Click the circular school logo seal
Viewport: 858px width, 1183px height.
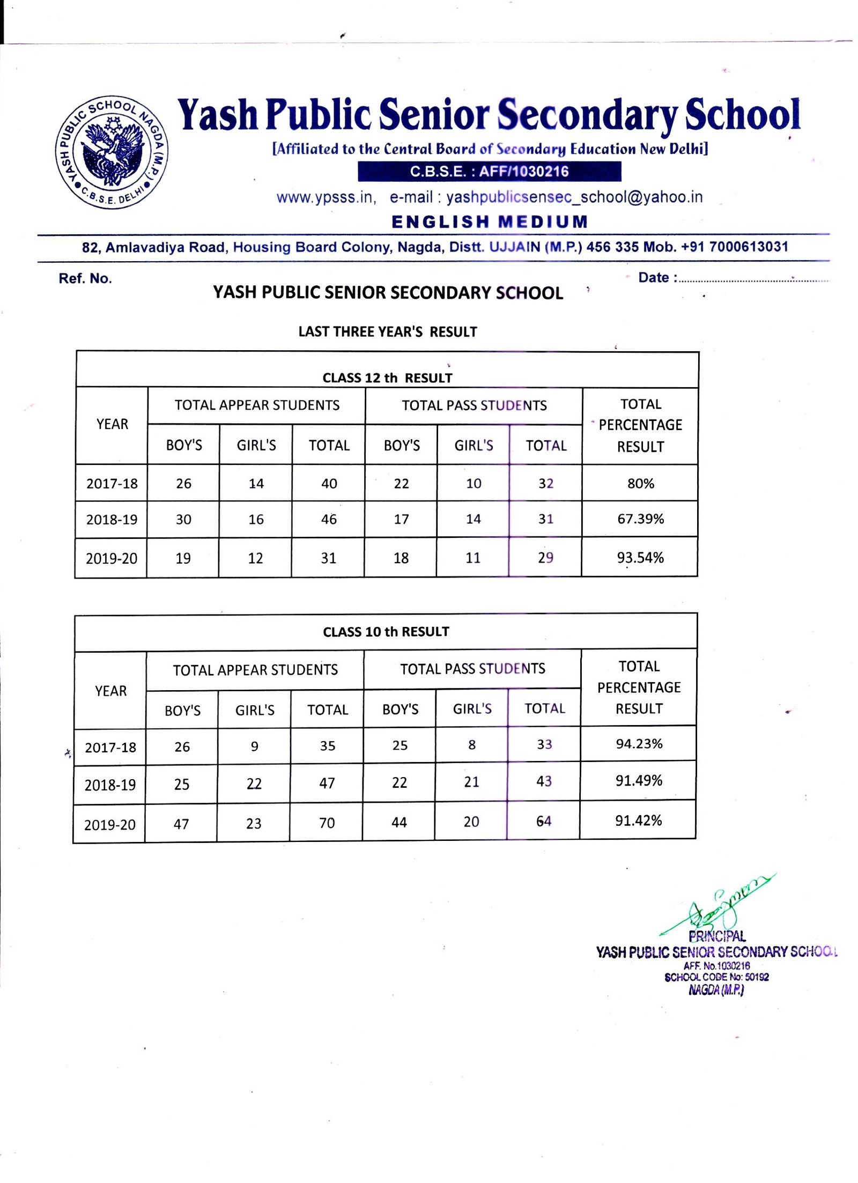pyautogui.click(x=112, y=152)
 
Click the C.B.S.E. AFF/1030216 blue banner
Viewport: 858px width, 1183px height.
pyautogui.click(x=489, y=172)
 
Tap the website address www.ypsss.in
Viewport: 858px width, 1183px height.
pyautogui.click(x=326, y=197)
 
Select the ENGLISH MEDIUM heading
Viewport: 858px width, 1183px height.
pyautogui.click(x=490, y=221)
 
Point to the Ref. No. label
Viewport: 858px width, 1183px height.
pyautogui.click(x=85, y=278)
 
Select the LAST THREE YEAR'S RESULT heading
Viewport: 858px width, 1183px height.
pyautogui.click(x=387, y=331)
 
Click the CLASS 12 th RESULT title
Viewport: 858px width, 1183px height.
pyautogui.click(x=387, y=378)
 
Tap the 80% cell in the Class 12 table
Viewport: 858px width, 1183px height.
pyautogui.click(x=640, y=483)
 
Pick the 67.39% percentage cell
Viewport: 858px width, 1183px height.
pyautogui.click(x=640, y=519)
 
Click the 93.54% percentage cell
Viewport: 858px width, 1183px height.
pyautogui.click(x=640, y=558)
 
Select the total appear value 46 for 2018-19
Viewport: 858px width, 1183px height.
pyautogui.click(x=329, y=519)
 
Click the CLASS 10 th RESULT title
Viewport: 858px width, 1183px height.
pyautogui.click(x=386, y=632)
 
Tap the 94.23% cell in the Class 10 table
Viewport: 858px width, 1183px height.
pyautogui.click(x=639, y=743)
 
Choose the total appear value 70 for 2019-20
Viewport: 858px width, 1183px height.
pyautogui.click(x=327, y=823)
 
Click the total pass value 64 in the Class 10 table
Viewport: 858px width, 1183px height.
pyautogui.click(x=543, y=821)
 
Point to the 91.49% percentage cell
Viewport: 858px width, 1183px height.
pyautogui.click(x=638, y=780)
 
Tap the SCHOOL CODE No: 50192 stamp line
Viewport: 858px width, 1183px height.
pyautogui.click(x=716, y=977)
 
